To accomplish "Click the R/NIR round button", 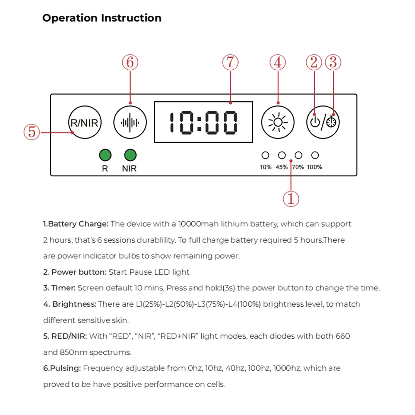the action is click(x=85, y=122).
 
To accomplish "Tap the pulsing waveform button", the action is click(x=130, y=122).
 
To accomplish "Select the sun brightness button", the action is click(x=278, y=122).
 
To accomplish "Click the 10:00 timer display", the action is click(x=203, y=122).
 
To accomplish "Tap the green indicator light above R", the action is click(x=105, y=155).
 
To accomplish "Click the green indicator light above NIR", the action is click(x=130, y=155).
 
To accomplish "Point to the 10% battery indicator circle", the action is click(x=265, y=155).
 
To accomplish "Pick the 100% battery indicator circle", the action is click(x=315, y=155).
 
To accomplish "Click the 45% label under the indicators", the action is click(x=282, y=167).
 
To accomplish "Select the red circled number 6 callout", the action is click(x=130, y=63).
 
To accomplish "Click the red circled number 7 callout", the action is click(x=230, y=63).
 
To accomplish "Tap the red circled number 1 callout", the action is click(x=291, y=199).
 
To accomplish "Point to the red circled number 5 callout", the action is click(x=32, y=132).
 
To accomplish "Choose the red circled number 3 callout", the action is click(x=333, y=63).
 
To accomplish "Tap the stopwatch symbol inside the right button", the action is click(x=331, y=122).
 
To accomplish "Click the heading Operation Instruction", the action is click(x=102, y=18).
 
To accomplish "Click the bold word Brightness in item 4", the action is click(x=74, y=304).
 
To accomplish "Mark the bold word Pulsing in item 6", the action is click(x=65, y=369).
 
